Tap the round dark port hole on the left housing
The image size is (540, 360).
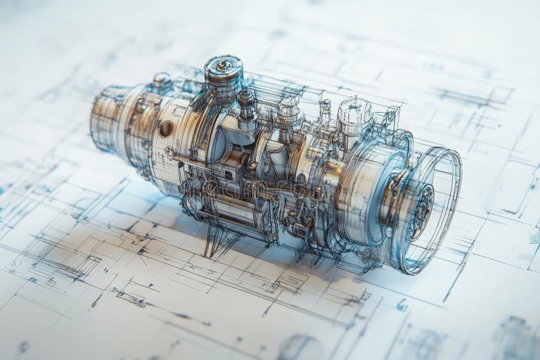pyautogui.click(x=166, y=128)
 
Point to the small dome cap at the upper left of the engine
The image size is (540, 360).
pyautogui.click(x=162, y=81)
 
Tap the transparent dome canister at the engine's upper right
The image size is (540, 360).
pyautogui.click(x=354, y=116)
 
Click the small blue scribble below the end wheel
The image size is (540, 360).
pyautogui.click(x=401, y=304)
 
